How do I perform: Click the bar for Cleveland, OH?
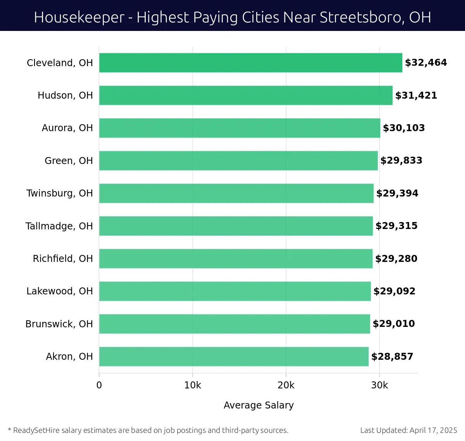[x=251, y=63]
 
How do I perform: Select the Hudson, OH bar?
[x=246, y=95]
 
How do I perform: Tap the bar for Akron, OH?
[x=234, y=356]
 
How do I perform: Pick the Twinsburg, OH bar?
[x=236, y=193]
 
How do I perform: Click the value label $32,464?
[x=426, y=63]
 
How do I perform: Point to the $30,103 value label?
[x=404, y=128]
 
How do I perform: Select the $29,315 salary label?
[x=396, y=226]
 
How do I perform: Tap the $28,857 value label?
[x=392, y=356]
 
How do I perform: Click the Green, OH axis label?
[x=69, y=161]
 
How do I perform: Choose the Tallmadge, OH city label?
[x=59, y=226]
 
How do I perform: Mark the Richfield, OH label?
[x=63, y=258]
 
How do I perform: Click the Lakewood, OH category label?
[x=60, y=291]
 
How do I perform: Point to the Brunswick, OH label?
[x=59, y=324]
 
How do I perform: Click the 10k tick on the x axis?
[x=193, y=385]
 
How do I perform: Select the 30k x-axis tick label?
[x=379, y=385]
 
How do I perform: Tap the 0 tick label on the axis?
[x=99, y=385]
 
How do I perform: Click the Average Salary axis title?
[x=258, y=405]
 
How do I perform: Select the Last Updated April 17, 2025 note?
[x=408, y=430]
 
